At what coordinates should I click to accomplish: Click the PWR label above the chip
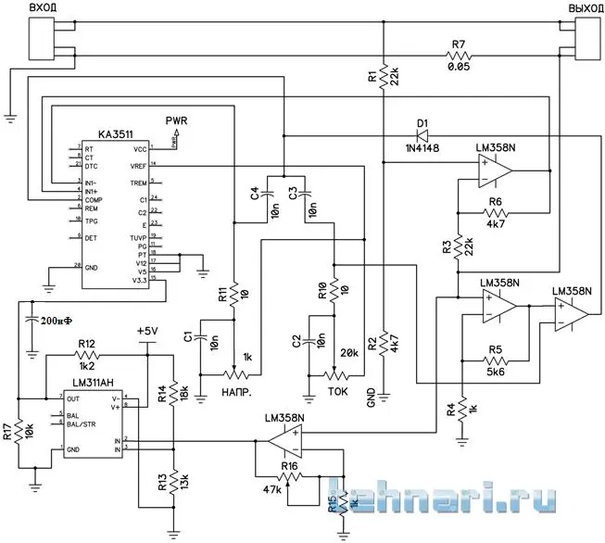point(176,120)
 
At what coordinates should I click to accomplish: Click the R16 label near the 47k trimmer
point(290,467)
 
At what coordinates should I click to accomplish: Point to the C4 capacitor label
point(256,196)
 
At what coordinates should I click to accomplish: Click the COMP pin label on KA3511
point(95,199)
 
